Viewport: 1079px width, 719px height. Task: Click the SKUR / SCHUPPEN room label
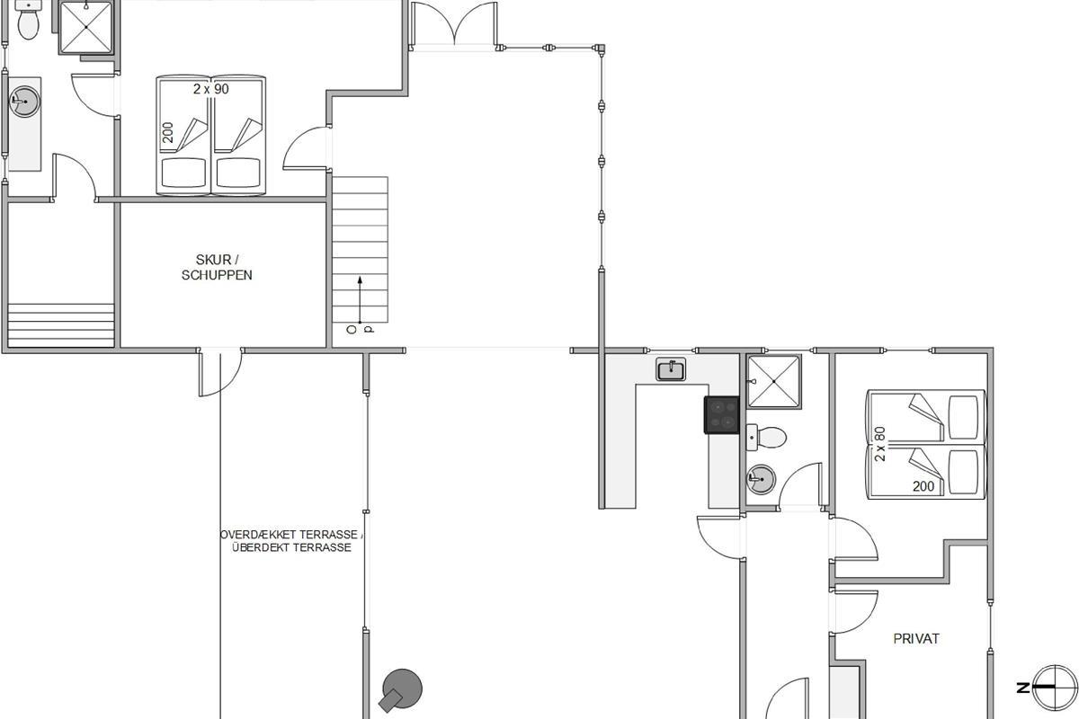pyautogui.click(x=217, y=267)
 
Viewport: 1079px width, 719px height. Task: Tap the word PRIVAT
pyautogui.click(x=916, y=639)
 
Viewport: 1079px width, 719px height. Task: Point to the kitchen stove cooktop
pyautogui.click(x=721, y=415)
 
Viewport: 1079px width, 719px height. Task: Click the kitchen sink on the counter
pyautogui.click(x=671, y=369)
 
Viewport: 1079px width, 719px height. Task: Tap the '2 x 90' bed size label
pyautogui.click(x=211, y=89)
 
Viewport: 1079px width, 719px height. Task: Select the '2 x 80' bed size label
pyautogui.click(x=879, y=444)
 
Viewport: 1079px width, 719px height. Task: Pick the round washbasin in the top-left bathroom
pyautogui.click(x=24, y=102)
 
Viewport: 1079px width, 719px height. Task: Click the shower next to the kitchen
pyautogui.click(x=773, y=381)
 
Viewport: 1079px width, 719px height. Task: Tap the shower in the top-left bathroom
pyautogui.click(x=86, y=27)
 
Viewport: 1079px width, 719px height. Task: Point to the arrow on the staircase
pyautogui.click(x=360, y=299)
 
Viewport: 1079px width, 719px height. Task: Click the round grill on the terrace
pyautogui.click(x=401, y=689)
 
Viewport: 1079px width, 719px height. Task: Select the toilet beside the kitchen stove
pyautogui.click(x=766, y=438)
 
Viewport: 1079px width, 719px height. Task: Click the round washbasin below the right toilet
pyautogui.click(x=761, y=479)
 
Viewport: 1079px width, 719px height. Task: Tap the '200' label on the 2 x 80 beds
pyautogui.click(x=923, y=486)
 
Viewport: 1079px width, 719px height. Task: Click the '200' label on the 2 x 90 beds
pyautogui.click(x=167, y=132)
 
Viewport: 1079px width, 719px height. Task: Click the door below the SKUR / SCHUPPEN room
pyautogui.click(x=220, y=372)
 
